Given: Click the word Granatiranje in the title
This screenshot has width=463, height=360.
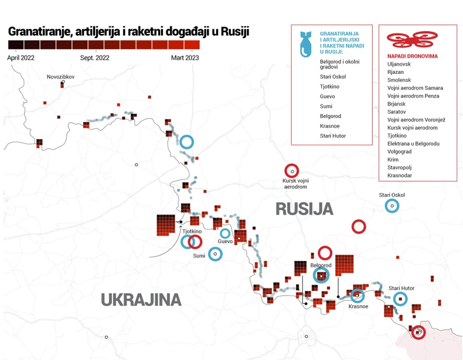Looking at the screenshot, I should (x=38, y=32).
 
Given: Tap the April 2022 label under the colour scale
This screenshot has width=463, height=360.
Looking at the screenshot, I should (x=21, y=57).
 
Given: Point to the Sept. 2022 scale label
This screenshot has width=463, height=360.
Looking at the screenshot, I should (x=95, y=57).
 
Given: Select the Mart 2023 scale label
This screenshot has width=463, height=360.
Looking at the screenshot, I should (x=185, y=57).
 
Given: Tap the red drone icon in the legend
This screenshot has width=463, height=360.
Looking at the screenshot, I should (x=408, y=39).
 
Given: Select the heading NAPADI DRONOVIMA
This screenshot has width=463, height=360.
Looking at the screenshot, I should (x=414, y=55).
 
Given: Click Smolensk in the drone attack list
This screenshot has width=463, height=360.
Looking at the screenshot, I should (x=399, y=80).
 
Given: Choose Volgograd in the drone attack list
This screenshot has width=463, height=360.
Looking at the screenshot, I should (x=401, y=151).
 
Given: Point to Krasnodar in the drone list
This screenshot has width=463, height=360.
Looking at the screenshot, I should (x=400, y=175).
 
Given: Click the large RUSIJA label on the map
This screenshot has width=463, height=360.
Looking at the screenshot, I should (x=304, y=209).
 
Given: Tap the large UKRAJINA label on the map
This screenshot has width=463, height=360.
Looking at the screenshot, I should (x=141, y=300).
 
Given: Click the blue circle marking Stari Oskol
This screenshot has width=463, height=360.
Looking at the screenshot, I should (x=391, y=206).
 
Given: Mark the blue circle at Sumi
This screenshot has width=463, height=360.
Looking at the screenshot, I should (x=216, y=254).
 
